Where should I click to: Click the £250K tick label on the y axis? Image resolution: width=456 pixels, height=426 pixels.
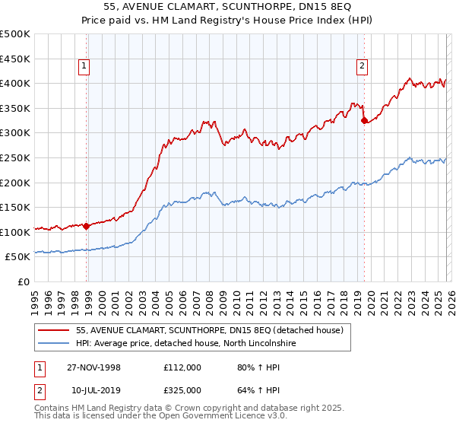click(15, 157)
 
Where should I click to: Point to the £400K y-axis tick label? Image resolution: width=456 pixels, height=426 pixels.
click(15, 83)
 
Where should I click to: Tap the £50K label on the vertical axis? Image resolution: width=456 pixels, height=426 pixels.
click(18, 257)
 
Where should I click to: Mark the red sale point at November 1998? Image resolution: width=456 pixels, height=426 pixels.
click(87, 226)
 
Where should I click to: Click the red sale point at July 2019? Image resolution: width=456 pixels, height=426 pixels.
click(364, 119)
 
